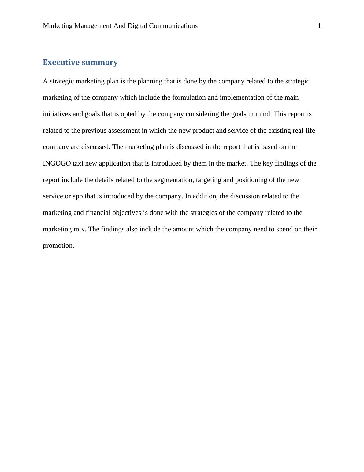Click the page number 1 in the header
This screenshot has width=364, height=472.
pyautogui.click(x=319, y=26)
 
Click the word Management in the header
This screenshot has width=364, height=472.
pyautogui.click(x=93, y=26)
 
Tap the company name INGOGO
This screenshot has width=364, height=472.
pyautogui.click(x=57, y=163)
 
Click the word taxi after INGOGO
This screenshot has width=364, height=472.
pyautogui.click(x=78, y=163)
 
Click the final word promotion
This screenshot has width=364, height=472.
pyautogui.click(x=58, y=246)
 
